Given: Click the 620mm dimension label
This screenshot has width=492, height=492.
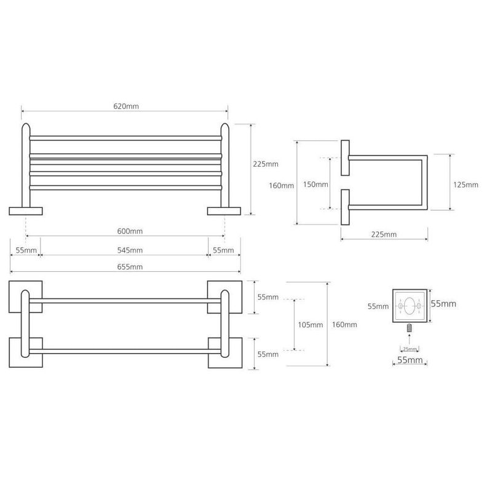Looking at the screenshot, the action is tap(126, 106).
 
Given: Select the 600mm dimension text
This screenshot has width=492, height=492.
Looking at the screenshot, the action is tap(130, 231).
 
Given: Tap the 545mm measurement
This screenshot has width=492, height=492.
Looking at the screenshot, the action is tap(130, 250).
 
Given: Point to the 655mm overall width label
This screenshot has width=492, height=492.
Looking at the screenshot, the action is tap(130, 267).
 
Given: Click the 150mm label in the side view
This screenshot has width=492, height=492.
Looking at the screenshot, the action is tap(315, 184).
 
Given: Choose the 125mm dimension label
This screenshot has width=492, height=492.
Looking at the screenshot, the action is tap(466, 185).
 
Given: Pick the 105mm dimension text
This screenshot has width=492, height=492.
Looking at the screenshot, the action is tap(311, 325).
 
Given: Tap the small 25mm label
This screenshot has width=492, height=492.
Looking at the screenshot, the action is tap(410, 349).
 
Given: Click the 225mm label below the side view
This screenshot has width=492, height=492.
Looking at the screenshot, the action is tap(384, 234).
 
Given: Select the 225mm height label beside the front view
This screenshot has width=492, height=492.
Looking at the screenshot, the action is tap(266, 164).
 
